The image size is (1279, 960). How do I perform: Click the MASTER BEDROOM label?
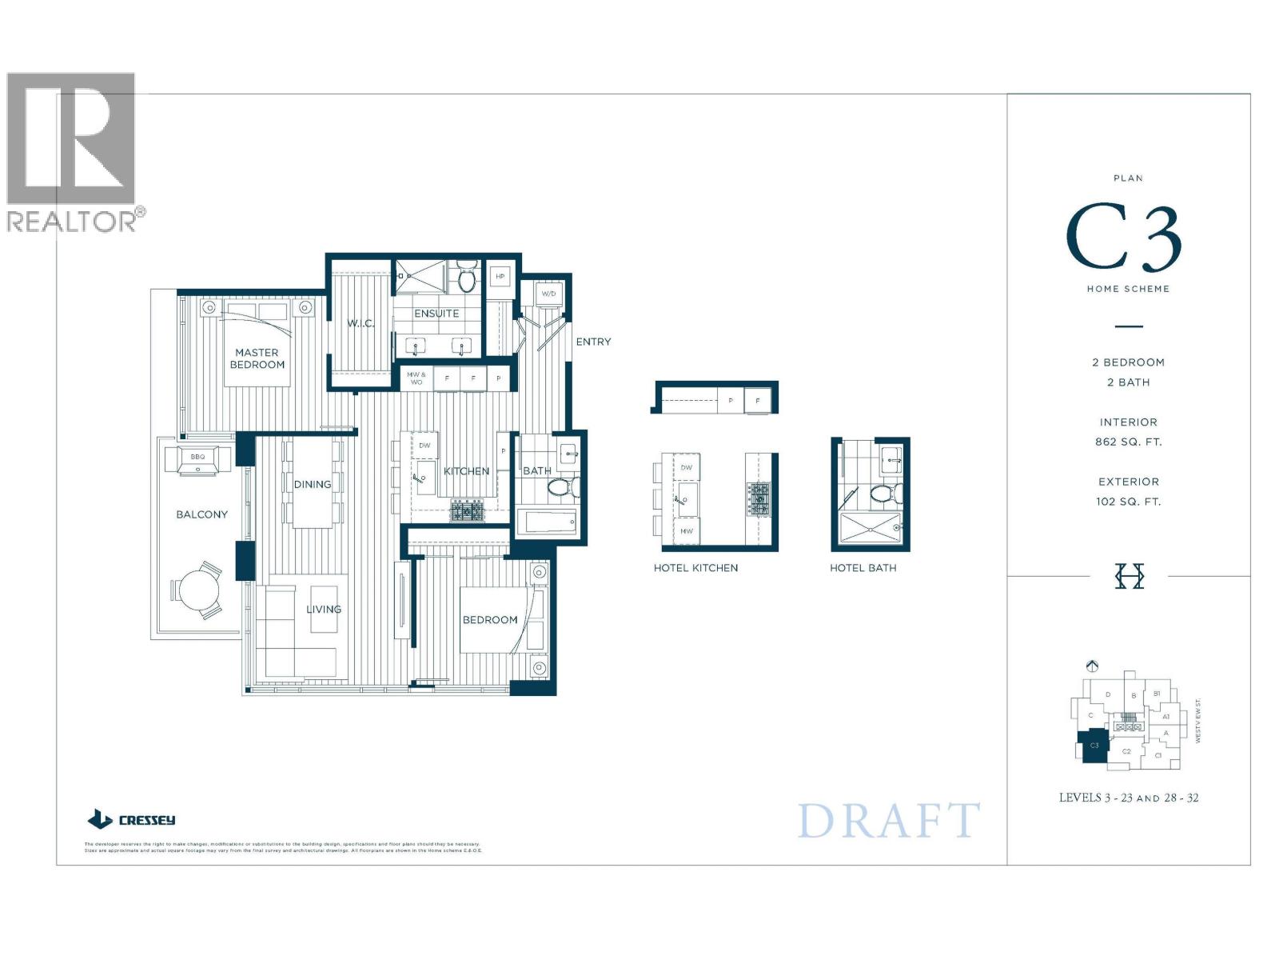point(257,358)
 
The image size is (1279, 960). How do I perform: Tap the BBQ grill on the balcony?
point(197,460)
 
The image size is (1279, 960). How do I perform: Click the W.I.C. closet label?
point(361,323)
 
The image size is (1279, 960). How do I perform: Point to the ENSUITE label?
point(436,314)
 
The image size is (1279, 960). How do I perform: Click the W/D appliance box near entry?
point(549,294)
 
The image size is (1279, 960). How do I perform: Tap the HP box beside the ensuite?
point(500,277)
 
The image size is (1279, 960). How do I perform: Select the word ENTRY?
point(593,342)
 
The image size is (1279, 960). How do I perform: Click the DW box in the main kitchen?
point(424,446)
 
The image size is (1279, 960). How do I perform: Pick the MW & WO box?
point(416,378)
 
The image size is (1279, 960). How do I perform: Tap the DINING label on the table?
point(312,484)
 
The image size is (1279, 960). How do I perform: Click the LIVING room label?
point(324,609)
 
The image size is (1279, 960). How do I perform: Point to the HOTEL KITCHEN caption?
point(695,568)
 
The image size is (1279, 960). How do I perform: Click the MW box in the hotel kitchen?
point(687,531)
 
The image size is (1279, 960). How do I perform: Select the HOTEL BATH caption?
point(863,568)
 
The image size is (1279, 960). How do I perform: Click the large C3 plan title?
point(1123,238)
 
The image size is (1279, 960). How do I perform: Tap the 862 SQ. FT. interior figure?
point(1128,442)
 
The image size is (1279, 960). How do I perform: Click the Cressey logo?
point(131,819)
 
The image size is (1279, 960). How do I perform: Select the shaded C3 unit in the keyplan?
point(1094,746)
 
